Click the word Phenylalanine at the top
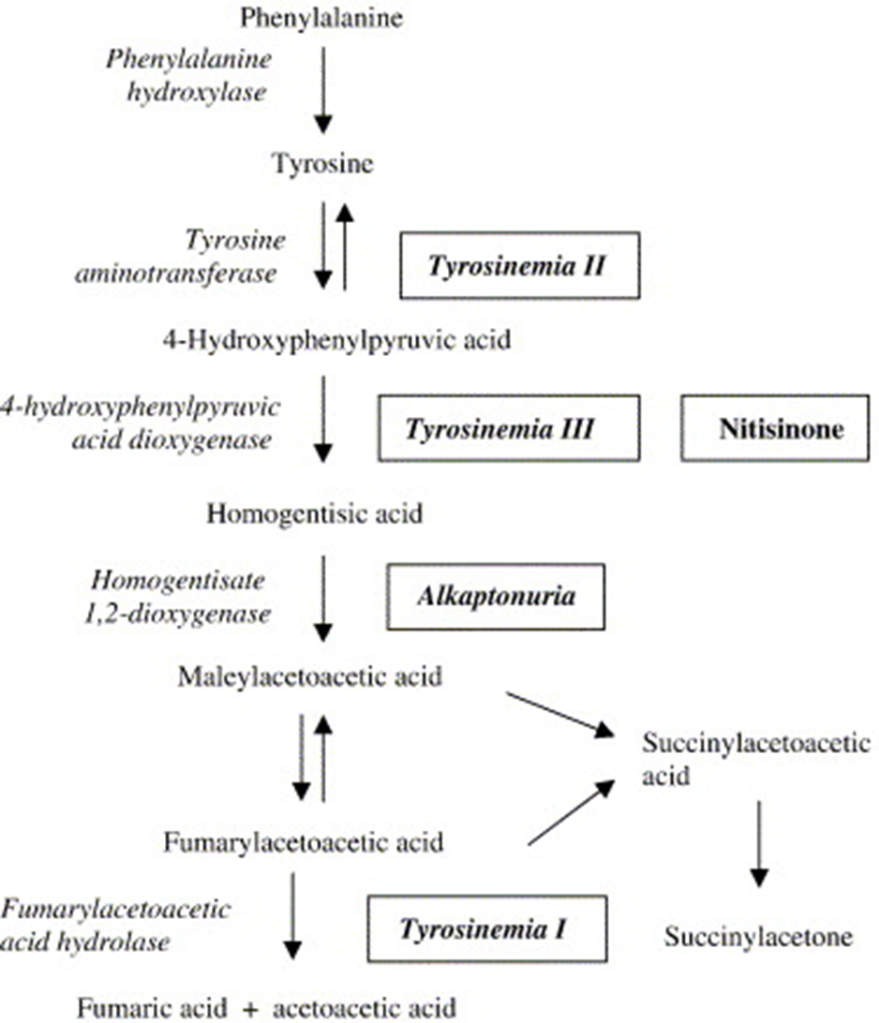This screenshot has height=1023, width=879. pos(321,19)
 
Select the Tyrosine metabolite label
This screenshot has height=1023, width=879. pos(322,164)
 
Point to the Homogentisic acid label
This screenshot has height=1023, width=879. pos(315,514)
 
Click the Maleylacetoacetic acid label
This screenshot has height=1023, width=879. pos(310,677)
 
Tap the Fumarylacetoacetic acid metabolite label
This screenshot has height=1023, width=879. pos(304,842)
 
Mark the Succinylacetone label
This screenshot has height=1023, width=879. pos(759,938)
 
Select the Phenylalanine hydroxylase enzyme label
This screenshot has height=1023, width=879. pos(188,76)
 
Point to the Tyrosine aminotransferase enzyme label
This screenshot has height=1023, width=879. pos(180,257)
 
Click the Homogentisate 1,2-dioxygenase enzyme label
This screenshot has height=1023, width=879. pos(177,597)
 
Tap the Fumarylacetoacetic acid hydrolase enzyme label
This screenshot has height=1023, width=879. pos(115,926)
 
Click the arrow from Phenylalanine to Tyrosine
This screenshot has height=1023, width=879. pos(323,89)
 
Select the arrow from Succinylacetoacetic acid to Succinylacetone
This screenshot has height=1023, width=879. pos(758,844)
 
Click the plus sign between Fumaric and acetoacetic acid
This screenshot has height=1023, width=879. pos(249,1009)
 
